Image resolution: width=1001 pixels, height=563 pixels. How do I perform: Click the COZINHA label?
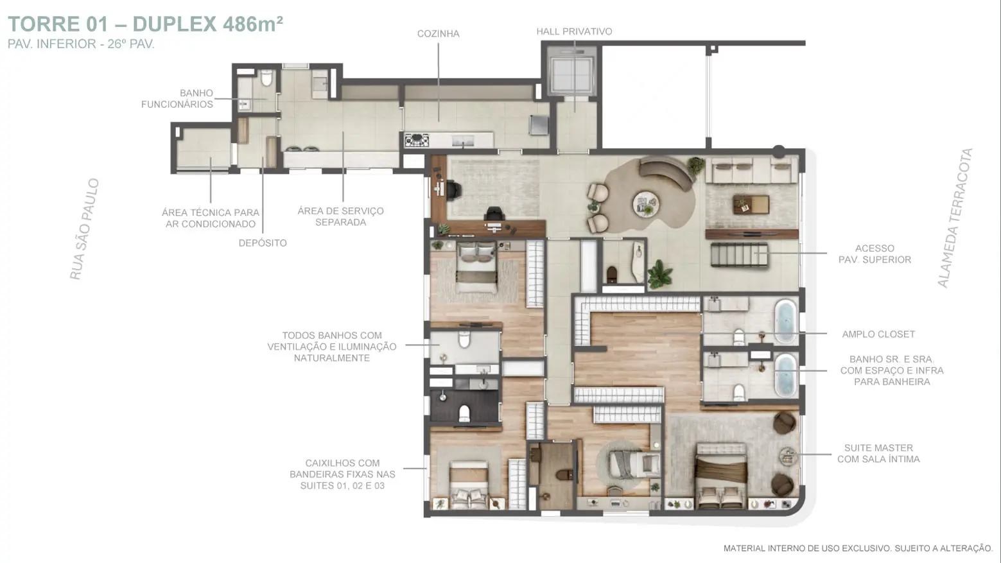tap(438, 33)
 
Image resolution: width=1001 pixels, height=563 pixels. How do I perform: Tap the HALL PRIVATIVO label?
tap(574, 31)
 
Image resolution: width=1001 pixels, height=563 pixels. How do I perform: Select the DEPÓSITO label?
tap(263, 243)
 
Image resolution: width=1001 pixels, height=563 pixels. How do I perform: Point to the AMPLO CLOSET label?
tap(878, 334)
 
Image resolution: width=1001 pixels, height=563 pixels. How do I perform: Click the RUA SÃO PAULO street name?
tap(84, 229)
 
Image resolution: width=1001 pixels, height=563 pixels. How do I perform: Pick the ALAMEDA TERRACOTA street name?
tap(955, 218)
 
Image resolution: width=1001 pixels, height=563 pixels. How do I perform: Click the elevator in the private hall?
tap(571, 73)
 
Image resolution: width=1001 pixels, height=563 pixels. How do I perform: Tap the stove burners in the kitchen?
tap(417, 141)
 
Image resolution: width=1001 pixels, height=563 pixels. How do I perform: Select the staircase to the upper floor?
tap(739, 255)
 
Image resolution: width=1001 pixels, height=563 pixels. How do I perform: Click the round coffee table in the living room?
tap(646, 204)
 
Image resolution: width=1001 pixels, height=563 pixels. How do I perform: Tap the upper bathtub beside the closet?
tap(785, 321)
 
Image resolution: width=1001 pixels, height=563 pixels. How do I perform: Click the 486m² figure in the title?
tap(253, 24)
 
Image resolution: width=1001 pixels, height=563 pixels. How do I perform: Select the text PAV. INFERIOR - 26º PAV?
tap(81, 44)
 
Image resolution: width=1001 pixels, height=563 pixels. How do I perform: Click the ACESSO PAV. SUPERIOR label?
tap(875, 254)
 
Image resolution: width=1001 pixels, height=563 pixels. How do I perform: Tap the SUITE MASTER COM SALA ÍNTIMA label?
tap(878, 453)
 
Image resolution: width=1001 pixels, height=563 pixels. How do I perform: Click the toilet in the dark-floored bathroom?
tap(464, 413)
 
